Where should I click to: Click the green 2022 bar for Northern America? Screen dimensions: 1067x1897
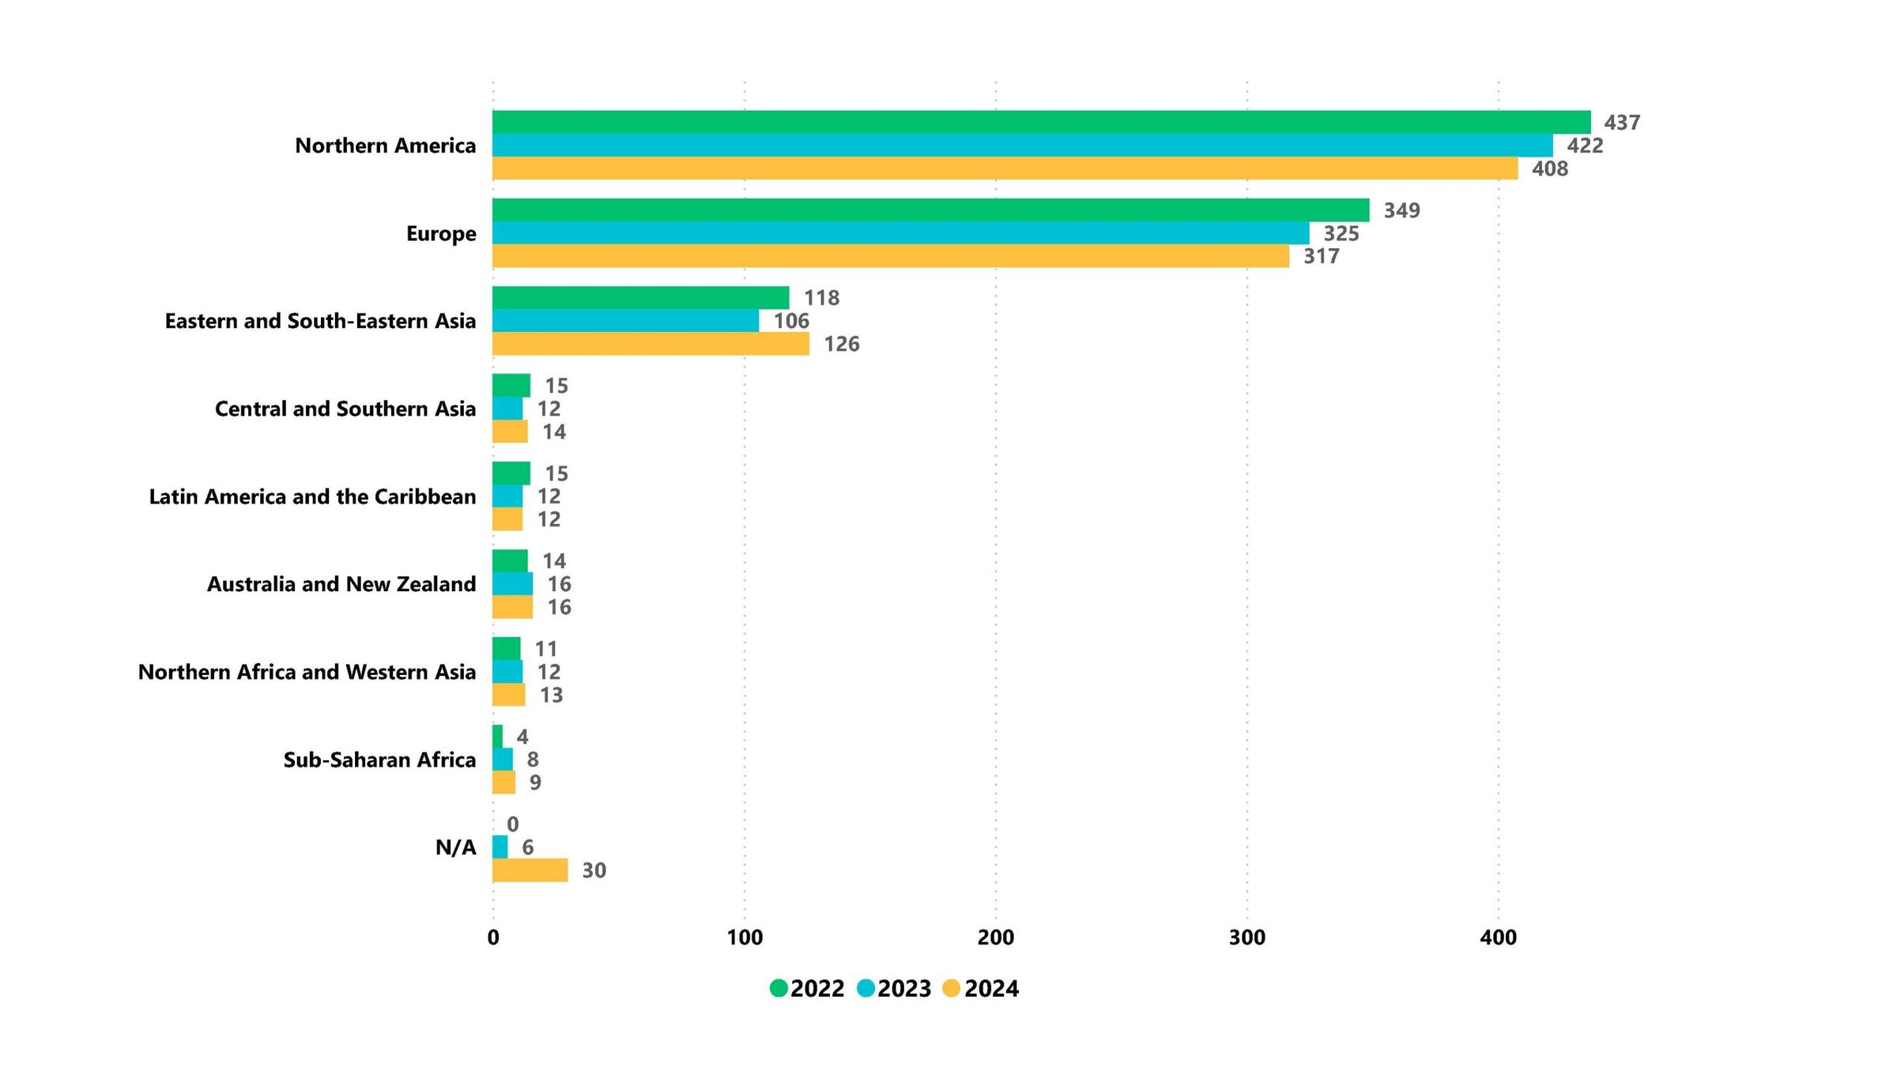[x=1041, y=123]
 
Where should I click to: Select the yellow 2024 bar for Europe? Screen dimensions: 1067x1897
[x=890, y=256]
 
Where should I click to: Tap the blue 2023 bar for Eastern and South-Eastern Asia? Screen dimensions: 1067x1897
[x=625, y=321]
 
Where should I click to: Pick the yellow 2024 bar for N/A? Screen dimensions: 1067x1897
[x=530, y=870]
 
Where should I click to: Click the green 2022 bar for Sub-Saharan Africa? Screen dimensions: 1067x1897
[x=497, y=737]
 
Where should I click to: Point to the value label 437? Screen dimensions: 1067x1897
[x=1622, y=123]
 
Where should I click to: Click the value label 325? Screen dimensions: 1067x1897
[x=1341, y=233]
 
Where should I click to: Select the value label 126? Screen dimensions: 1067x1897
[x=842, y=344]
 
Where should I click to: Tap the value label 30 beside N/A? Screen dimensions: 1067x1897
[x=594, y=870]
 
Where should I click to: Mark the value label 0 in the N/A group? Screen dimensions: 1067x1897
[x=513, y=824]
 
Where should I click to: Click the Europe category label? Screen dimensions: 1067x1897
[x=441, y=233]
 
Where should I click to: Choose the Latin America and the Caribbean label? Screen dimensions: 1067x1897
[x=312, y=496]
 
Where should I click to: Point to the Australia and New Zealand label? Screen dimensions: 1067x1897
[x=341, y=584]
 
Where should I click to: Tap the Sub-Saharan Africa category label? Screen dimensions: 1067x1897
[x=379, y=760]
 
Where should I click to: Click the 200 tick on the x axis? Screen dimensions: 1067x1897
[x=995, y=937]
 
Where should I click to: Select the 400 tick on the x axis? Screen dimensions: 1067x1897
[x=1498, y=937]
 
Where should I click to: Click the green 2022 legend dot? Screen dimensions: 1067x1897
[x=778, y=988]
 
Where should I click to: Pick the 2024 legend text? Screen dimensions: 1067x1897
[x=991, y=988]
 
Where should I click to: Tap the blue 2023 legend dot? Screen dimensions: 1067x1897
[x=866, y=988]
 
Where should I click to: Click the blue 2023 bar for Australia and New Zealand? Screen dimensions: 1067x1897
[x=512, y=584]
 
